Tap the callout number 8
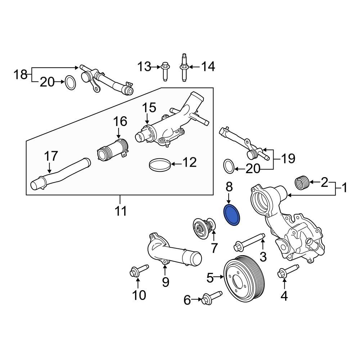click(229, 187)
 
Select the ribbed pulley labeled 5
click(244, 275)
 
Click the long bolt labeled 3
click(249, 242)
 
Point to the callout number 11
click(121, 211)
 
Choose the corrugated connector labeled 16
click(113, 150)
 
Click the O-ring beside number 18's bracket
click(71, 83)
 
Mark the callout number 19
click(287, 158)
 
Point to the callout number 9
click(165, 282)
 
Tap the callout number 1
click(344, 188)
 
